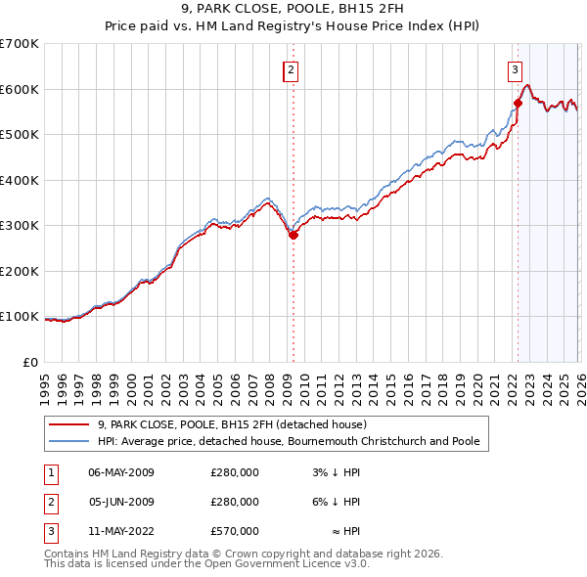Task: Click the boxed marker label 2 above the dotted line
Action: pos(292,69)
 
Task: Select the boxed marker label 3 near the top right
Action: pos(515,69)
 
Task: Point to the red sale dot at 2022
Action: pos(519,103)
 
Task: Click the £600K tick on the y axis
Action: pos(20,89)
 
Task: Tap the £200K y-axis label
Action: pos(20,271)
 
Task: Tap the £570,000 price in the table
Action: pos(235,531)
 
